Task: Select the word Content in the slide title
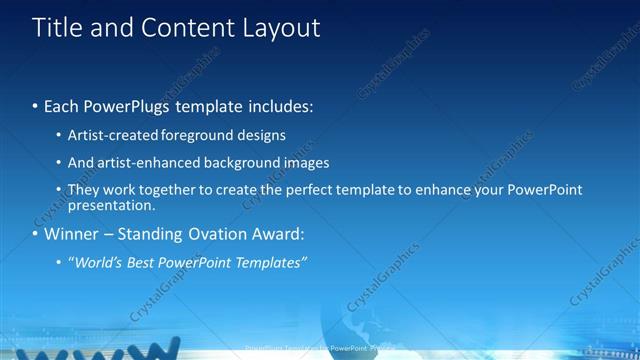point(189,28)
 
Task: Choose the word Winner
point(70,235)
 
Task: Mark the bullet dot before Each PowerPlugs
point(35,105)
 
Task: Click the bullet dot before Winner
point(35,236)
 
